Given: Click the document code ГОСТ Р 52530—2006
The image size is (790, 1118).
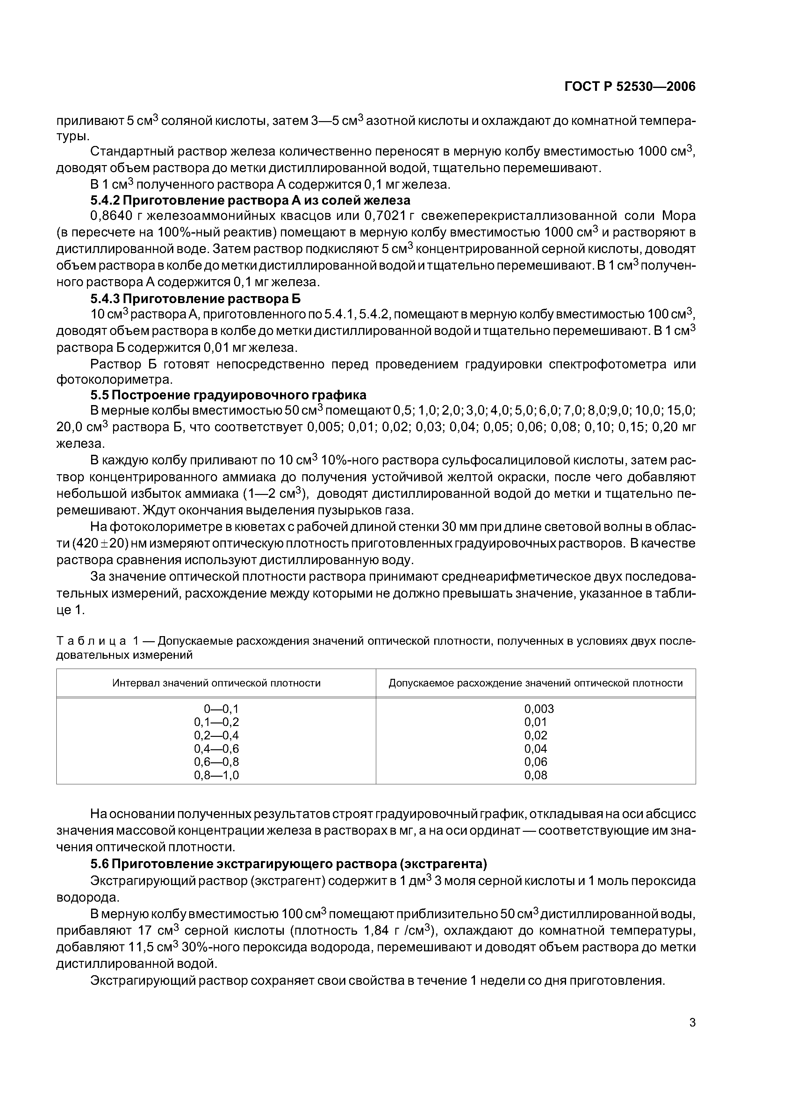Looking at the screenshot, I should point(630,87).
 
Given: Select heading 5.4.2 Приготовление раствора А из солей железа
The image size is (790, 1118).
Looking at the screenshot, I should point(250,200).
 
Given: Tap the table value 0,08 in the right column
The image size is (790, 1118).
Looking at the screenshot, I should point(535,775).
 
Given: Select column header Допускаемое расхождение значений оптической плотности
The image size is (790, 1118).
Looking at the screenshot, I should point(535,683).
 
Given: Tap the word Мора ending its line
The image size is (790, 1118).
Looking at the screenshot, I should point(679,216).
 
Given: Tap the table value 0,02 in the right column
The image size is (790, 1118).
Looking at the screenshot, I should point(535,735).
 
